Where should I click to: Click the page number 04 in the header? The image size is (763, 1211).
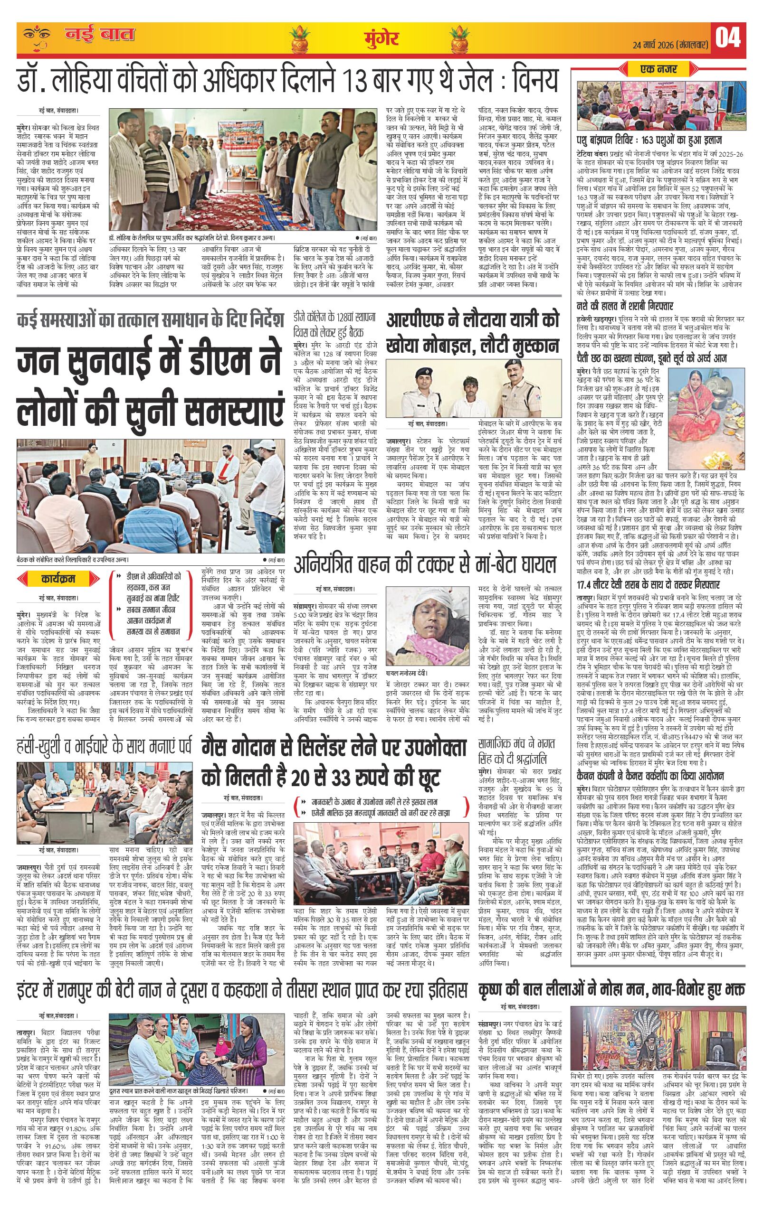(728, 39)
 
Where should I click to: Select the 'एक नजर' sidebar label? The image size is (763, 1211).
(658, 68)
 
